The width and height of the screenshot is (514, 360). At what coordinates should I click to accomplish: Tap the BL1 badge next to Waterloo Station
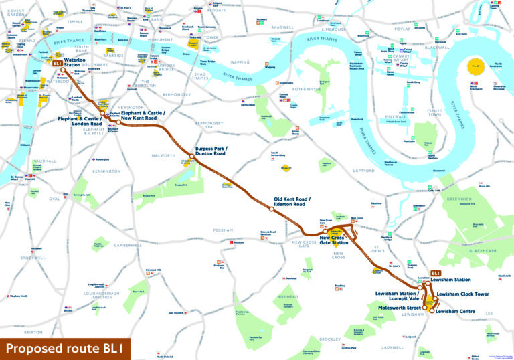(x=58, y=64)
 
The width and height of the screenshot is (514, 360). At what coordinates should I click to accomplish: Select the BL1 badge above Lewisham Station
(x=435, y=273)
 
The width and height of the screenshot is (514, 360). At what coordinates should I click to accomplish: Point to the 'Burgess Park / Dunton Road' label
(x=211, y=151)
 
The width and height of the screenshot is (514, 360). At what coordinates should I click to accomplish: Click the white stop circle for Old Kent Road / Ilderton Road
(x=270, y=209)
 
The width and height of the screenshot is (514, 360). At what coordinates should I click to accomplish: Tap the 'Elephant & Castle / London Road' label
(x=79, y=122)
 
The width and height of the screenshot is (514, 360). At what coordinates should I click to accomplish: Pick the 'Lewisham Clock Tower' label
(x=463, y=294)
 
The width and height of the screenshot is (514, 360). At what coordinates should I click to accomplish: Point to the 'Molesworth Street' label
(x=394, y=307)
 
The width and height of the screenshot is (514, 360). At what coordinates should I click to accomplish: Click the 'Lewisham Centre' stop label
(x=455, y=311)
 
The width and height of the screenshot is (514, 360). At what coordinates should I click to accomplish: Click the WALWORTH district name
(x=164, y=155)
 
